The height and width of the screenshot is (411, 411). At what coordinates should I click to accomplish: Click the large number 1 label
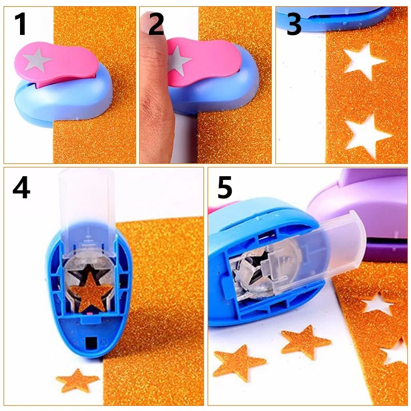coord(21,24)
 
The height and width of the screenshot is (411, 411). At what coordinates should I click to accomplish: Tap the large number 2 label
coord(156,24)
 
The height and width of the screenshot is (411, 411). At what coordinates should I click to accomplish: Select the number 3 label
coord(294,24)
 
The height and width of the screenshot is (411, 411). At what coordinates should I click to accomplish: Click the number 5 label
coord(225,188)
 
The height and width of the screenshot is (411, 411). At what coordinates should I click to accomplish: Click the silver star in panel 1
coord(37,61)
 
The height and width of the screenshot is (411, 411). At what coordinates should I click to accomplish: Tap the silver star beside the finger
coord(178,62)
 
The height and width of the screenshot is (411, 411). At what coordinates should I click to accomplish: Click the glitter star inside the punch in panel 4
coord(91,292)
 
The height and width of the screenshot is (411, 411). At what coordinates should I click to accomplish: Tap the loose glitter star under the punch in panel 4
coord(77,380)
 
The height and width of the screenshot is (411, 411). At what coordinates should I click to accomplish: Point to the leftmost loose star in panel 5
coord(238,363)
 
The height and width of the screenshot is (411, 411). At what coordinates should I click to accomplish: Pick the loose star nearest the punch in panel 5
coord(305,342)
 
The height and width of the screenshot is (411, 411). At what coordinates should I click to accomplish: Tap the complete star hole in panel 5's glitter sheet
coord(378,305)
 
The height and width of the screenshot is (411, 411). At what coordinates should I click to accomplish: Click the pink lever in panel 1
coord(57,64)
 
